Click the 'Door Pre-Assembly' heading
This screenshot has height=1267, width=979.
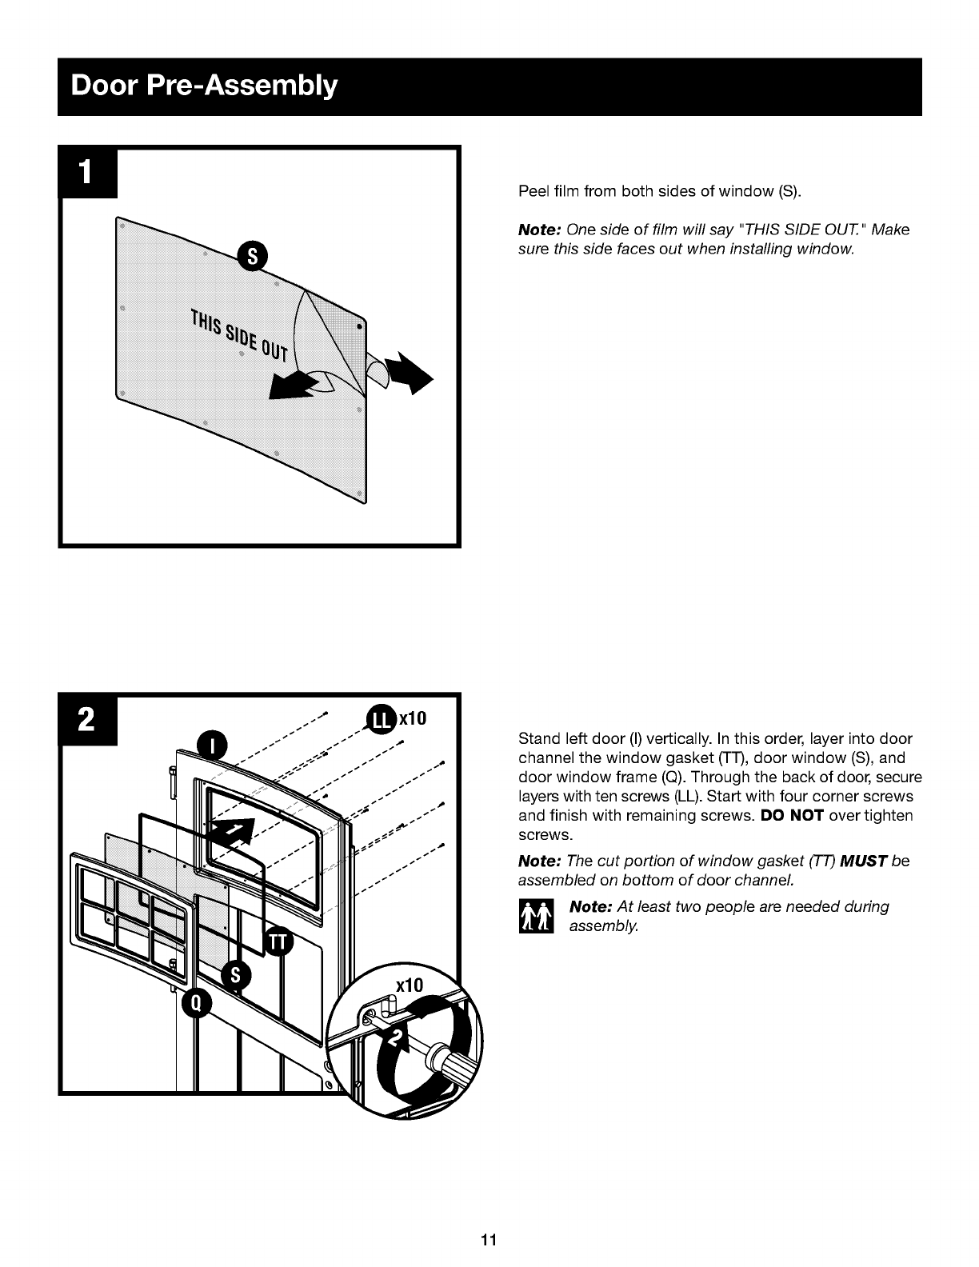point(204,86)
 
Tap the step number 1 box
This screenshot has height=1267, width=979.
point(87,173)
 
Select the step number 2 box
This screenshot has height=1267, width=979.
point(87,720)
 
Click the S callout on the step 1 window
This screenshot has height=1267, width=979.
point(253,256)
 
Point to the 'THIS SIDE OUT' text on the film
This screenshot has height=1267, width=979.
point(240,335)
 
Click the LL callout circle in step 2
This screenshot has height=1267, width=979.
point(381,720)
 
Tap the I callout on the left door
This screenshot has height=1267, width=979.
point(212,745)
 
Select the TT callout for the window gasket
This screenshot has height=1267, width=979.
point(279,941)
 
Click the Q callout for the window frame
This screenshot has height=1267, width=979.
point(197,1003)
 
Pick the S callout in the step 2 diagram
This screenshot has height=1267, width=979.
point(236,975)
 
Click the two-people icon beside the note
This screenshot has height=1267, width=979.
point(536,916)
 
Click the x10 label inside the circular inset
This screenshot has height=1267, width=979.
point(410,985)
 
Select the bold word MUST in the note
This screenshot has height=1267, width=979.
point(863,861)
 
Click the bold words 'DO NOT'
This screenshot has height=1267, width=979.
point(792,815)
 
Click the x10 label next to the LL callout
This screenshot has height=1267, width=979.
point(412,718)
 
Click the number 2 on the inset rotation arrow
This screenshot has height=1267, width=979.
point(397,1038)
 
